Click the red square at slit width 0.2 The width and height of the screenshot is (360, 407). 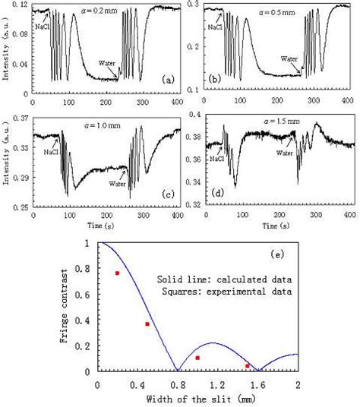pos(117,273)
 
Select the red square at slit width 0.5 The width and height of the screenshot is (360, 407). pos(147,324)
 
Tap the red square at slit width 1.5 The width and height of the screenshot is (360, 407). pos(248,366)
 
